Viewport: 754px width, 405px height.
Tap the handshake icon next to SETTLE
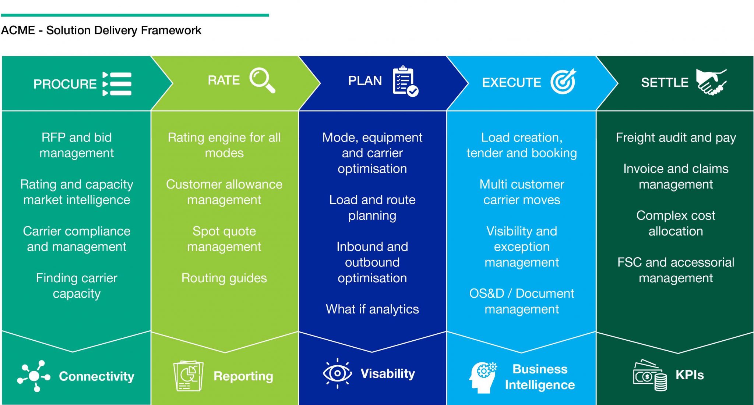pyautogui.click(x=711, y=82)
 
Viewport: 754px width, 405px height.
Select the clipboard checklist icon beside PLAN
pyautogui.click(x=405, y=81)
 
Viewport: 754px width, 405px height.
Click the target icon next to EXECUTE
pyautogui.click(x=563, y=82)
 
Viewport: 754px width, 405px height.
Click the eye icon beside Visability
pyautogui.click(x=337, y=373)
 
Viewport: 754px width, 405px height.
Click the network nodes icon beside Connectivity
pyautogui.click(x=34, y=376)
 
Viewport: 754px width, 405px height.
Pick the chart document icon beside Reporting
pyautogui.click(x=188, y=376)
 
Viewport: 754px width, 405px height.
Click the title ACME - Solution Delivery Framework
pyautogui.click(x=101, y=30)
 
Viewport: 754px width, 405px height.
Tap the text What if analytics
pyautogui.click(x=372, y=309)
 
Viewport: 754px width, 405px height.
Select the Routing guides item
pyautogui.click(x=224, y=278)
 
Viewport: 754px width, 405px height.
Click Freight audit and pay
pyautogui.click(x=676, y=138)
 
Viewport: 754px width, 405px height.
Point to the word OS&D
pyautogui.click(x=486, y=293)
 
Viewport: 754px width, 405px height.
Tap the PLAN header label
pyautogui.click(x=365, y=80)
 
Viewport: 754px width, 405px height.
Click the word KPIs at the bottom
pyautogui.click(x=690, y=375)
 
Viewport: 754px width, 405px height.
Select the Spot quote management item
pyautogui.click(x=224, y=239)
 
